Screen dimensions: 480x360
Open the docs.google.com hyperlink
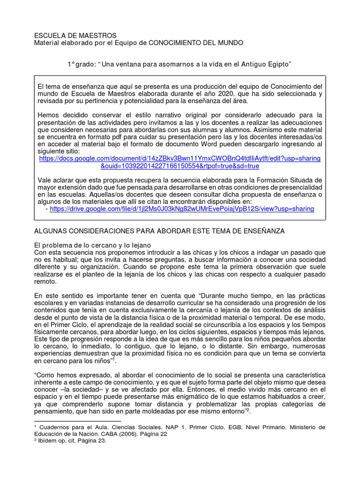(x=180, y=162)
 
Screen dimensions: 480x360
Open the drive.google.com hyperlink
(x=182, y=209)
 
